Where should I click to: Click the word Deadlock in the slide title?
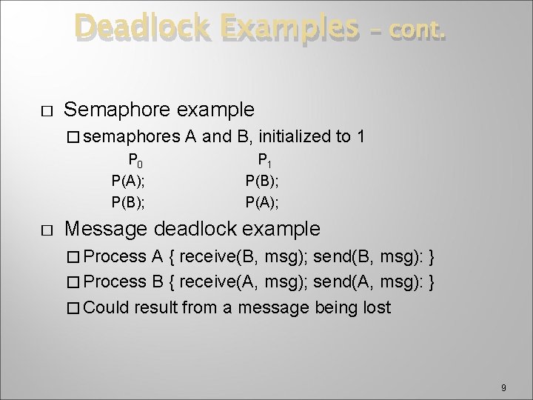click(141, 29)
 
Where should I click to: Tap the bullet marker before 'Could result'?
click(73, 307)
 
